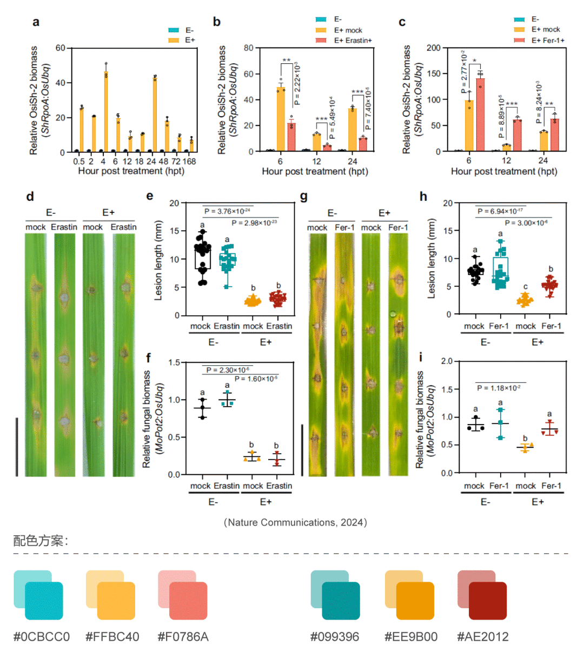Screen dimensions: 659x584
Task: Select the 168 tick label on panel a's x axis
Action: coord(189,161)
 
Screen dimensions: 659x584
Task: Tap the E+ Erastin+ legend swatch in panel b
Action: coord(321,41)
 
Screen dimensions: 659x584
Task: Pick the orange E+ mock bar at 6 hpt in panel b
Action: coord(281,119)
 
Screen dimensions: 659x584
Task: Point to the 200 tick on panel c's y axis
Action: coord(434,48)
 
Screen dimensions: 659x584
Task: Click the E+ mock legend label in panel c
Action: coord(546,30)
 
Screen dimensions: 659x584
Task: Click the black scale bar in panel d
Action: coord(17,446)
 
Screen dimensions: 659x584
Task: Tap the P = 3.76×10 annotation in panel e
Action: coord(227,211)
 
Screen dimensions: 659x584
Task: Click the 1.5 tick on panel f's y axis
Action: coord(174,362)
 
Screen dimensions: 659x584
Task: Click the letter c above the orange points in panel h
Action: coord(525,286)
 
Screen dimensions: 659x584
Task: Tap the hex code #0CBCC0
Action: coord(42,637)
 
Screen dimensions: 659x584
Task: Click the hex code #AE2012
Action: coord(483,637)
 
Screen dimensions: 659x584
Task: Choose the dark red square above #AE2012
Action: coord(487,601)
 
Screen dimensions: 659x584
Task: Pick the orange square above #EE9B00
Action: coord(415,601)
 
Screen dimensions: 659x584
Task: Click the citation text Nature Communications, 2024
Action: coord(295,522)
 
